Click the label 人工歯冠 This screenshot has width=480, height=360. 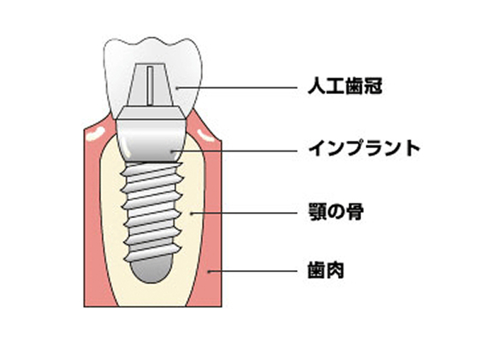[x=345, y=86]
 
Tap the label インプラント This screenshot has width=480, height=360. [x=364, y=149]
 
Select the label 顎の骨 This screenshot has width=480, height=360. [x=335, y=212]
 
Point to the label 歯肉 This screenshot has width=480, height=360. [x=326, y=270]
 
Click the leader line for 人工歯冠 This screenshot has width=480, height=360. [x=237, y=88]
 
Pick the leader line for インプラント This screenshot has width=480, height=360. [x=234, y=150]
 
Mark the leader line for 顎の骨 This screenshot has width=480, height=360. [x=244, y=213]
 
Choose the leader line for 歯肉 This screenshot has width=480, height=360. [x=252, y=271]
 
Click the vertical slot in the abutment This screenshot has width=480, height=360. [x=150, y=86]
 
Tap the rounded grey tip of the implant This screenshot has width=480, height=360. [x=151, y=269]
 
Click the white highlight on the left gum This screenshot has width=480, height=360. [x=95, y=133]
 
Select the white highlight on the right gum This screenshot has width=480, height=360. [x=205, y=135]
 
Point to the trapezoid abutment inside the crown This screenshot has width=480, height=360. [x=151, y=85]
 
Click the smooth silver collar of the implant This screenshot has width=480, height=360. [x=151, y=141]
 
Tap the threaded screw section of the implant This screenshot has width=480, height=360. [x=151, y=212]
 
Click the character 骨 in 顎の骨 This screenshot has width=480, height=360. [x=355, y=212]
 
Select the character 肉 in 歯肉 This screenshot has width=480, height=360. [x=335, y=270]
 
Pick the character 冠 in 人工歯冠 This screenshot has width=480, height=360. [x=373, y=86]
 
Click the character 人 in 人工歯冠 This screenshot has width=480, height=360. [x=317, y=86]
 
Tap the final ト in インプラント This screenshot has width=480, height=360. [x=412, y=149]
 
